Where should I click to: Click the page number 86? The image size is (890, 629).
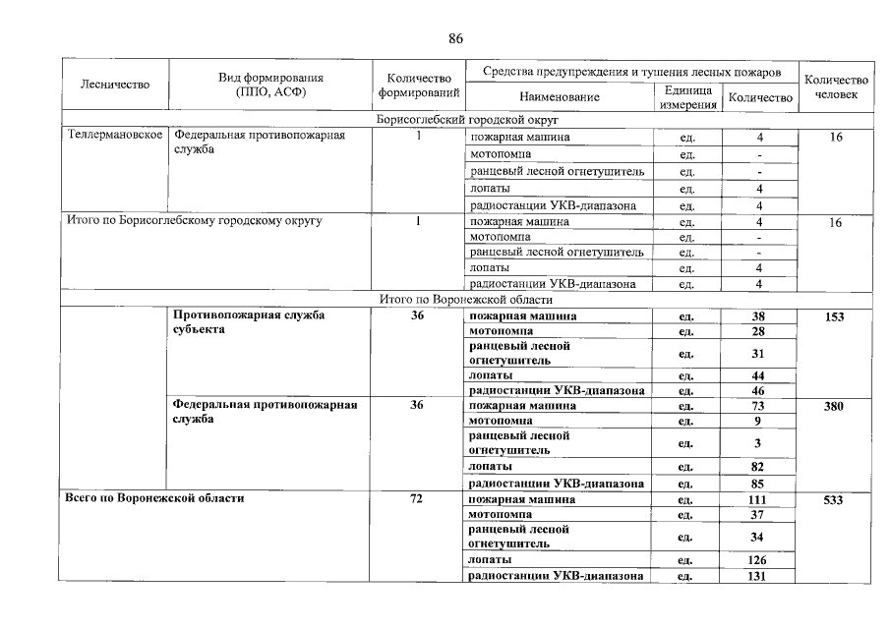[x=455, y=39]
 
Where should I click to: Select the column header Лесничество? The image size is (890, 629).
[x=115, y=85]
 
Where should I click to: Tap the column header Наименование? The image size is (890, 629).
[x=560, y=97]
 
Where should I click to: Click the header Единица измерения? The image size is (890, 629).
[x=687, y=97]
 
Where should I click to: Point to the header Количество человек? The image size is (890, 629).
[x=836, y=86]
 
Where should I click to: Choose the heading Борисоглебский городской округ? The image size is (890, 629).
[x=467, y=120]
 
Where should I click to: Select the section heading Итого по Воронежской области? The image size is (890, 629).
[x=466, y=300]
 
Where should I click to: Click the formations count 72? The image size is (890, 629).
[x=417, y=499]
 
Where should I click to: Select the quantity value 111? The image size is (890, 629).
[x=759, y=500]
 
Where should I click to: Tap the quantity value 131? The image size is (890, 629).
[x=759, y=577]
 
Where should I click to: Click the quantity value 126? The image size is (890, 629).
[x=759, y=560]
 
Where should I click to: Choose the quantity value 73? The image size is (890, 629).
[x=759, y=406]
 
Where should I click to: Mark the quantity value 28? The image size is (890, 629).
[x=759, y=332]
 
